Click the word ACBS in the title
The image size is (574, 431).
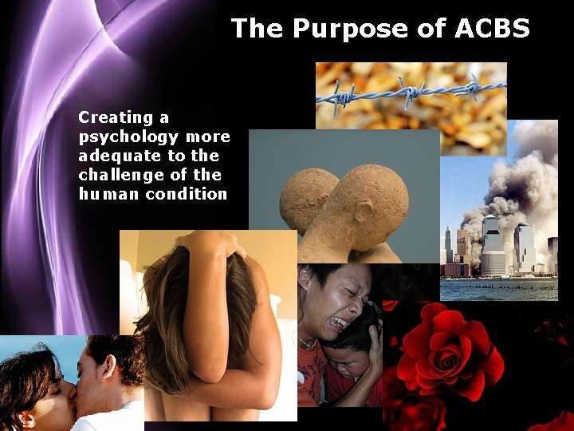coord(492,29)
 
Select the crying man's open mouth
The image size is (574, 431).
coord(338,322)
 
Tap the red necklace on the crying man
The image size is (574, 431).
coord(308,343)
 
